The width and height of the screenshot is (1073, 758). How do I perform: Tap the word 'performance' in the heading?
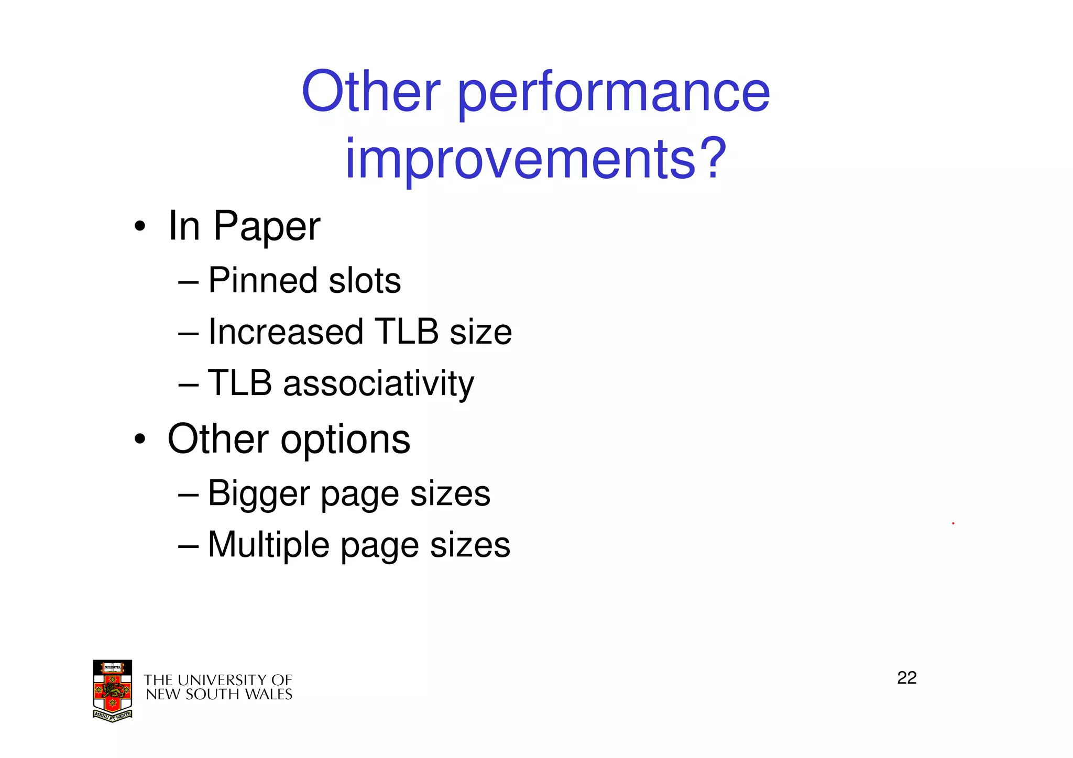click(614, 94)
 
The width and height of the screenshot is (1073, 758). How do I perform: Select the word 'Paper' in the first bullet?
click(267, 227)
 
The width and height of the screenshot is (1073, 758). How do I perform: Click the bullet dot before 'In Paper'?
click(139, 227)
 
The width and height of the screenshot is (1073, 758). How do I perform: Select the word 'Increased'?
click(286, 332)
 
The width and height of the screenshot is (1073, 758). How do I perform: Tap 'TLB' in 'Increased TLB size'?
click(407, 332)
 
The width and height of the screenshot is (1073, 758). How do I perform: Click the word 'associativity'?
click(378, 383)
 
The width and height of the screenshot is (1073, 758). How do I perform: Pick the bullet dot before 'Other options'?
click(139, 439)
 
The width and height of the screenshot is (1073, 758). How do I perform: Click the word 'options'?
click(345, 440)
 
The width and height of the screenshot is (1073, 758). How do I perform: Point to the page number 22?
click(906, 678)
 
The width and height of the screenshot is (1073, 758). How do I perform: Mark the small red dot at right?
click(953, 523)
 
